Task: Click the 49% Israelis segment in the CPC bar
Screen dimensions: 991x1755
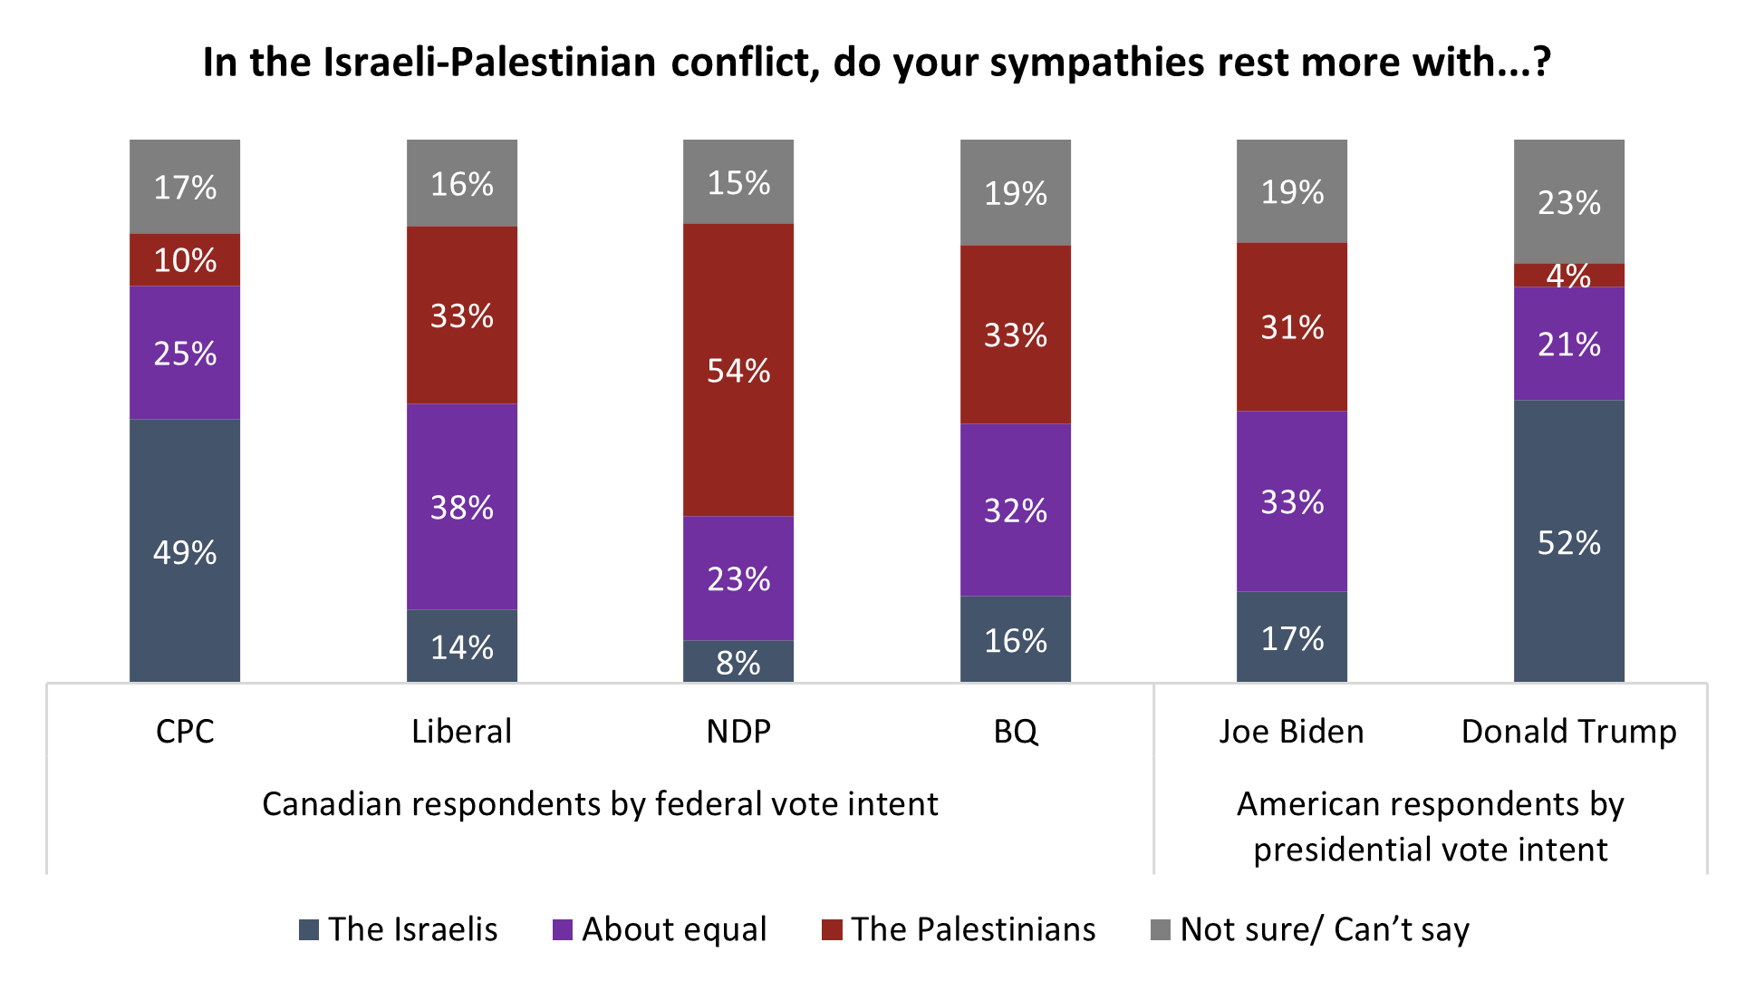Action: point(185,550)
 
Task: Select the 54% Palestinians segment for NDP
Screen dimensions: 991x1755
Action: point(738,370)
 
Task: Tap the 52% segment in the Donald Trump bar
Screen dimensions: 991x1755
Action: point(1568,541)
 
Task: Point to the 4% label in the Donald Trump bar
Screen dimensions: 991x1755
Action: point(1568,275)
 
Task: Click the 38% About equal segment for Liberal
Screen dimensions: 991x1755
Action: point(462,506)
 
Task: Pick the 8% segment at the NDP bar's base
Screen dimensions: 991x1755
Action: point(738,662)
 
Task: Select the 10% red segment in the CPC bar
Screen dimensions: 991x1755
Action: point(185,260)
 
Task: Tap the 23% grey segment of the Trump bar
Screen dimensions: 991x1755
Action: point(1568,201)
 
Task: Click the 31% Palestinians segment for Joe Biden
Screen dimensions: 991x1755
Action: point(1292,326)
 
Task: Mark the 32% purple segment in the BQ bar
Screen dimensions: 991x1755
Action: point(1016,510)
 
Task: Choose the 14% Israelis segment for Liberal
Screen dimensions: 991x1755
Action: point(462,646)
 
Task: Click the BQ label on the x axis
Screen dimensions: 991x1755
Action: point(1016,731)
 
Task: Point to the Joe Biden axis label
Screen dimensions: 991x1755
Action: point(1291,731)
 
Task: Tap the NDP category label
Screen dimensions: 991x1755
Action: point(738,731)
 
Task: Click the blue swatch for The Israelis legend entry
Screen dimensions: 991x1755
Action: point(309,929)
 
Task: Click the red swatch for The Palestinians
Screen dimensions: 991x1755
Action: point(832,929)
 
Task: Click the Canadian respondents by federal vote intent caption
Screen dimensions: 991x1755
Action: point(600,803)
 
